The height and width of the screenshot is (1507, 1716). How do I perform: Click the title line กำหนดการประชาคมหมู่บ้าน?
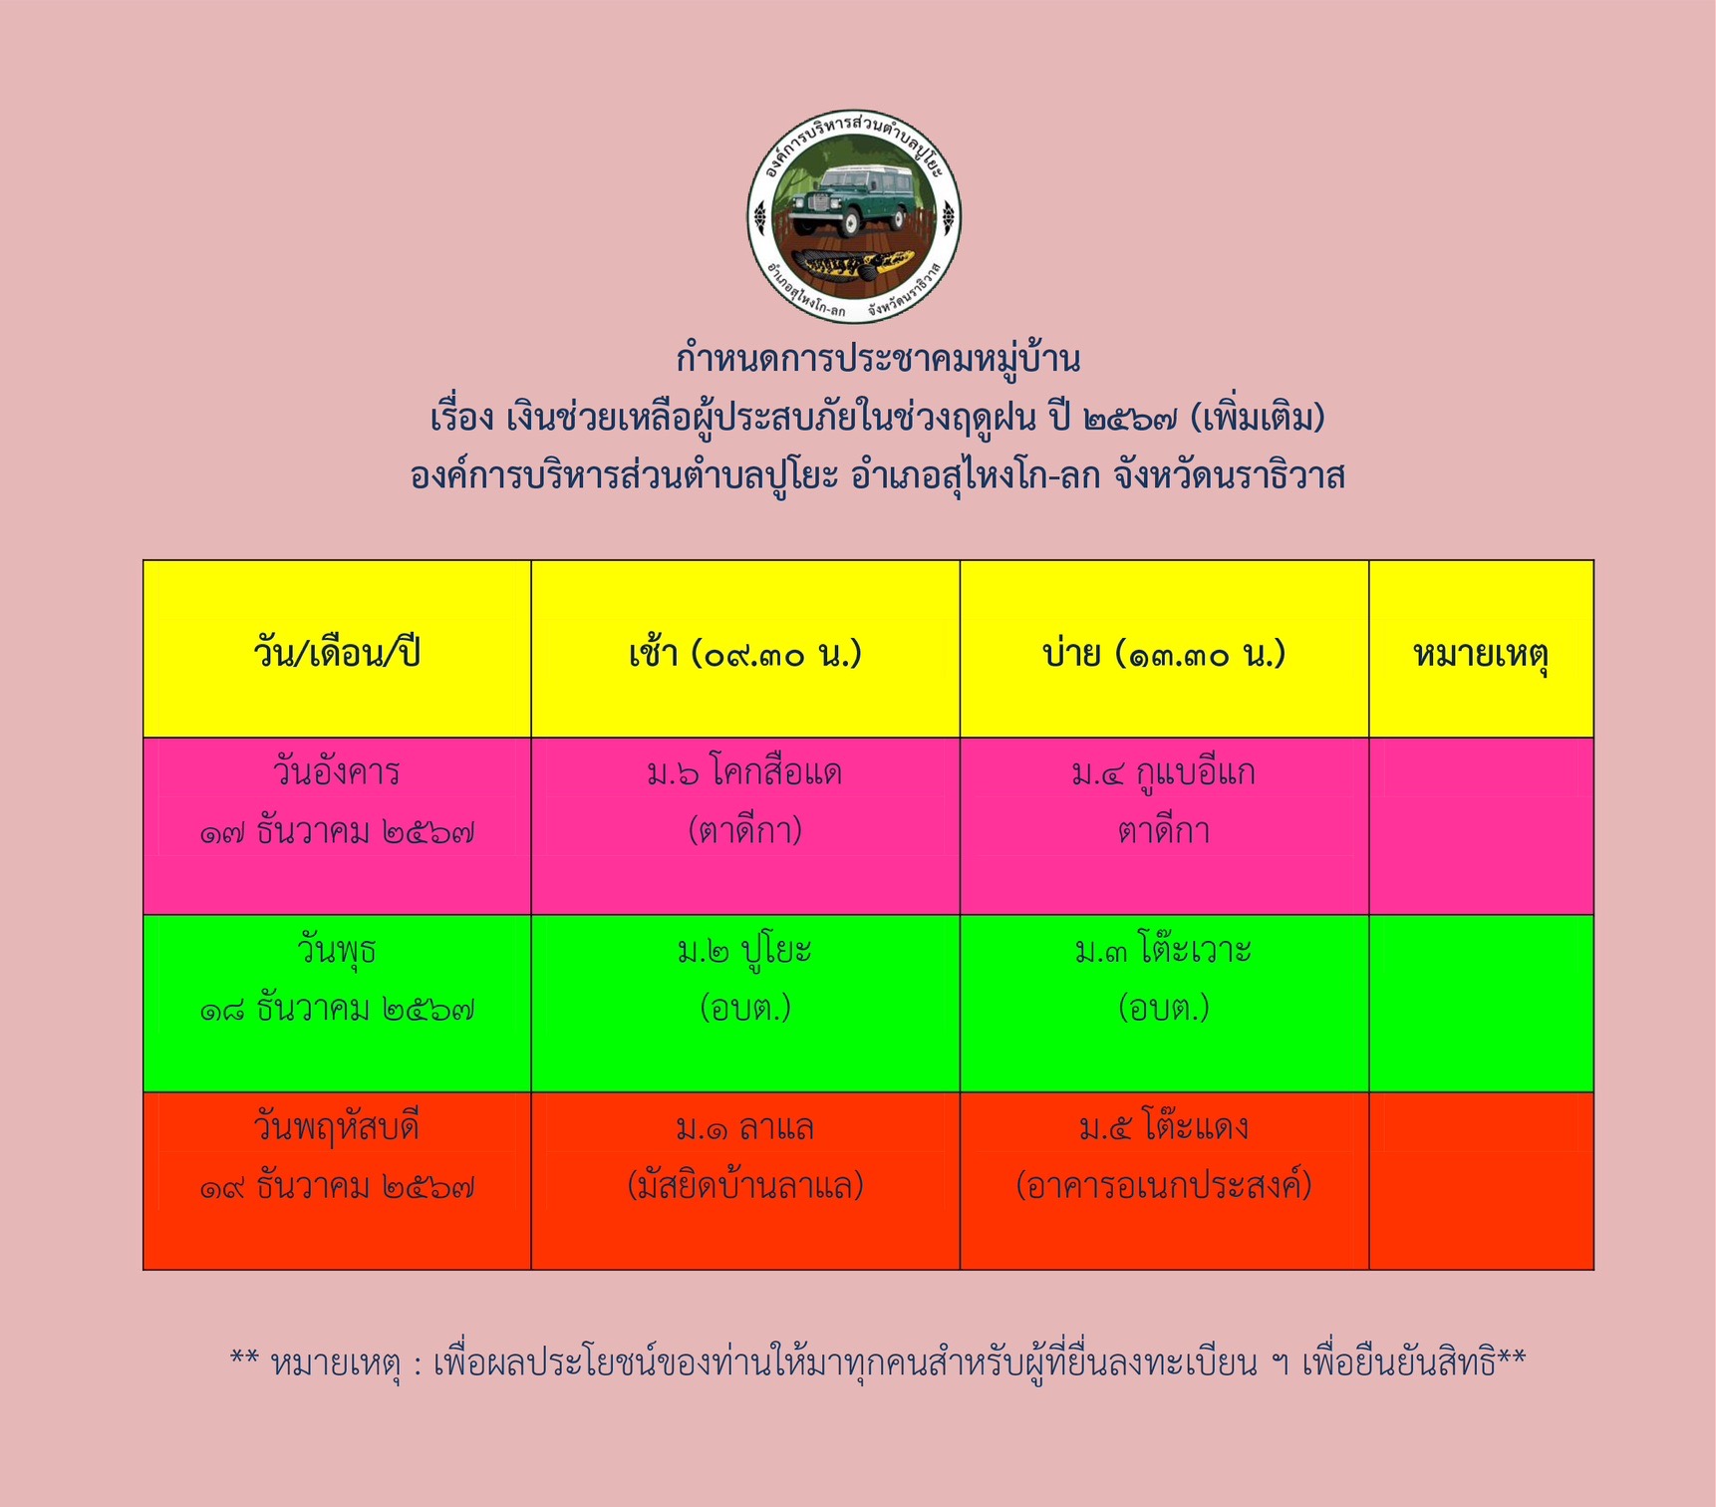pos(878,359)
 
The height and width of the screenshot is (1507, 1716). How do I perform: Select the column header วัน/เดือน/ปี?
pos(337,653)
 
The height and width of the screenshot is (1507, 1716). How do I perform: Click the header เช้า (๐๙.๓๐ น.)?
pos(745,654)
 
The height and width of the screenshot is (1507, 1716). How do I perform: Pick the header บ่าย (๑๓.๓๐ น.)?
pos(1164,654)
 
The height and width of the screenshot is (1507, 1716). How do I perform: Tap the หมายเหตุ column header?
pos(1481,655)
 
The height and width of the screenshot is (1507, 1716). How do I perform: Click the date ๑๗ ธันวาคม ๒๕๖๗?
pos(337,831)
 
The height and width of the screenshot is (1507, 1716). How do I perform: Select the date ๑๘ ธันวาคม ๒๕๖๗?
pos(337,1009)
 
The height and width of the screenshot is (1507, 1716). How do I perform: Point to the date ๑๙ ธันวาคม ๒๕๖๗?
pos(337,1186)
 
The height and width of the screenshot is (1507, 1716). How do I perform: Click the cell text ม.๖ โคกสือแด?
pos(744,772)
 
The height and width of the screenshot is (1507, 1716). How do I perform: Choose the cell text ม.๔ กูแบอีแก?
pos(1164,772)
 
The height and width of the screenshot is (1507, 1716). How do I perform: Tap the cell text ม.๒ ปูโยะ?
pos(744,950)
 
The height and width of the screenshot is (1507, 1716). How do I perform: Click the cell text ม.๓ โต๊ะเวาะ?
pos(1164,949)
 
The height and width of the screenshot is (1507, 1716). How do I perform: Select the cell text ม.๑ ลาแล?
pos(744,1127)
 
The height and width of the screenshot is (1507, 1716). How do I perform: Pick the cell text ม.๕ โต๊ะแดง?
pos(1164,1126)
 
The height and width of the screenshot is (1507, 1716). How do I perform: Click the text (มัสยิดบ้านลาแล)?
pos(744,1185)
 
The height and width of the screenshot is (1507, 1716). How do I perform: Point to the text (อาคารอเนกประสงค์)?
pos(1164,1185)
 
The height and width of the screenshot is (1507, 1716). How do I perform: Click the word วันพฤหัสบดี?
pos(337,1128)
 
